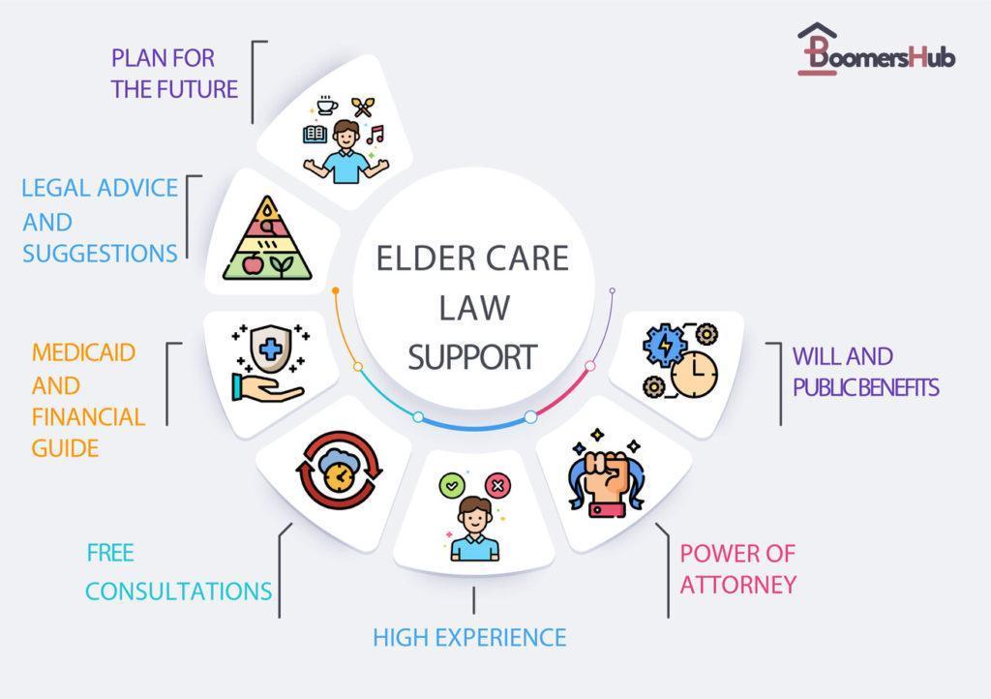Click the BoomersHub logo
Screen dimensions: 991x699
coord(876,49)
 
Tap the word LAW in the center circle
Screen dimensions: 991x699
coord(474,308)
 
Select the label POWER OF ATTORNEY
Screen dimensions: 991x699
coord(737,569)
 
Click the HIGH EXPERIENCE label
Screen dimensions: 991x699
coord(469,638)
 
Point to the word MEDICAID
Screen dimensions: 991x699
coord(83,352)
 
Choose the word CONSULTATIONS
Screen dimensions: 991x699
coord(178,592)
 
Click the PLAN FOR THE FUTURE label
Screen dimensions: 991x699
coord(174,74)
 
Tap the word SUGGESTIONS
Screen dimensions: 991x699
coord(100,254)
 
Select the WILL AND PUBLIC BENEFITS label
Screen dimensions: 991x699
coord(866,372)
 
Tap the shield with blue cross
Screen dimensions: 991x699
coord(271,349)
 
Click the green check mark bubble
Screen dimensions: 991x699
coord(452,486)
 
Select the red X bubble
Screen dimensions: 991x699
coord(497,485)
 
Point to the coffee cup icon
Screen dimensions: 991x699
coord(326,105)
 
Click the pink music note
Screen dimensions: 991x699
coord(375,134)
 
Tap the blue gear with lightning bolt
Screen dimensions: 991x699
coord(665,345)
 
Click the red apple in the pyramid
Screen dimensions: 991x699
coord(253,264)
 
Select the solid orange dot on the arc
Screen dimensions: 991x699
coord(336,290)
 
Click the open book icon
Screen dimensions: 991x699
coord(315,134)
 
